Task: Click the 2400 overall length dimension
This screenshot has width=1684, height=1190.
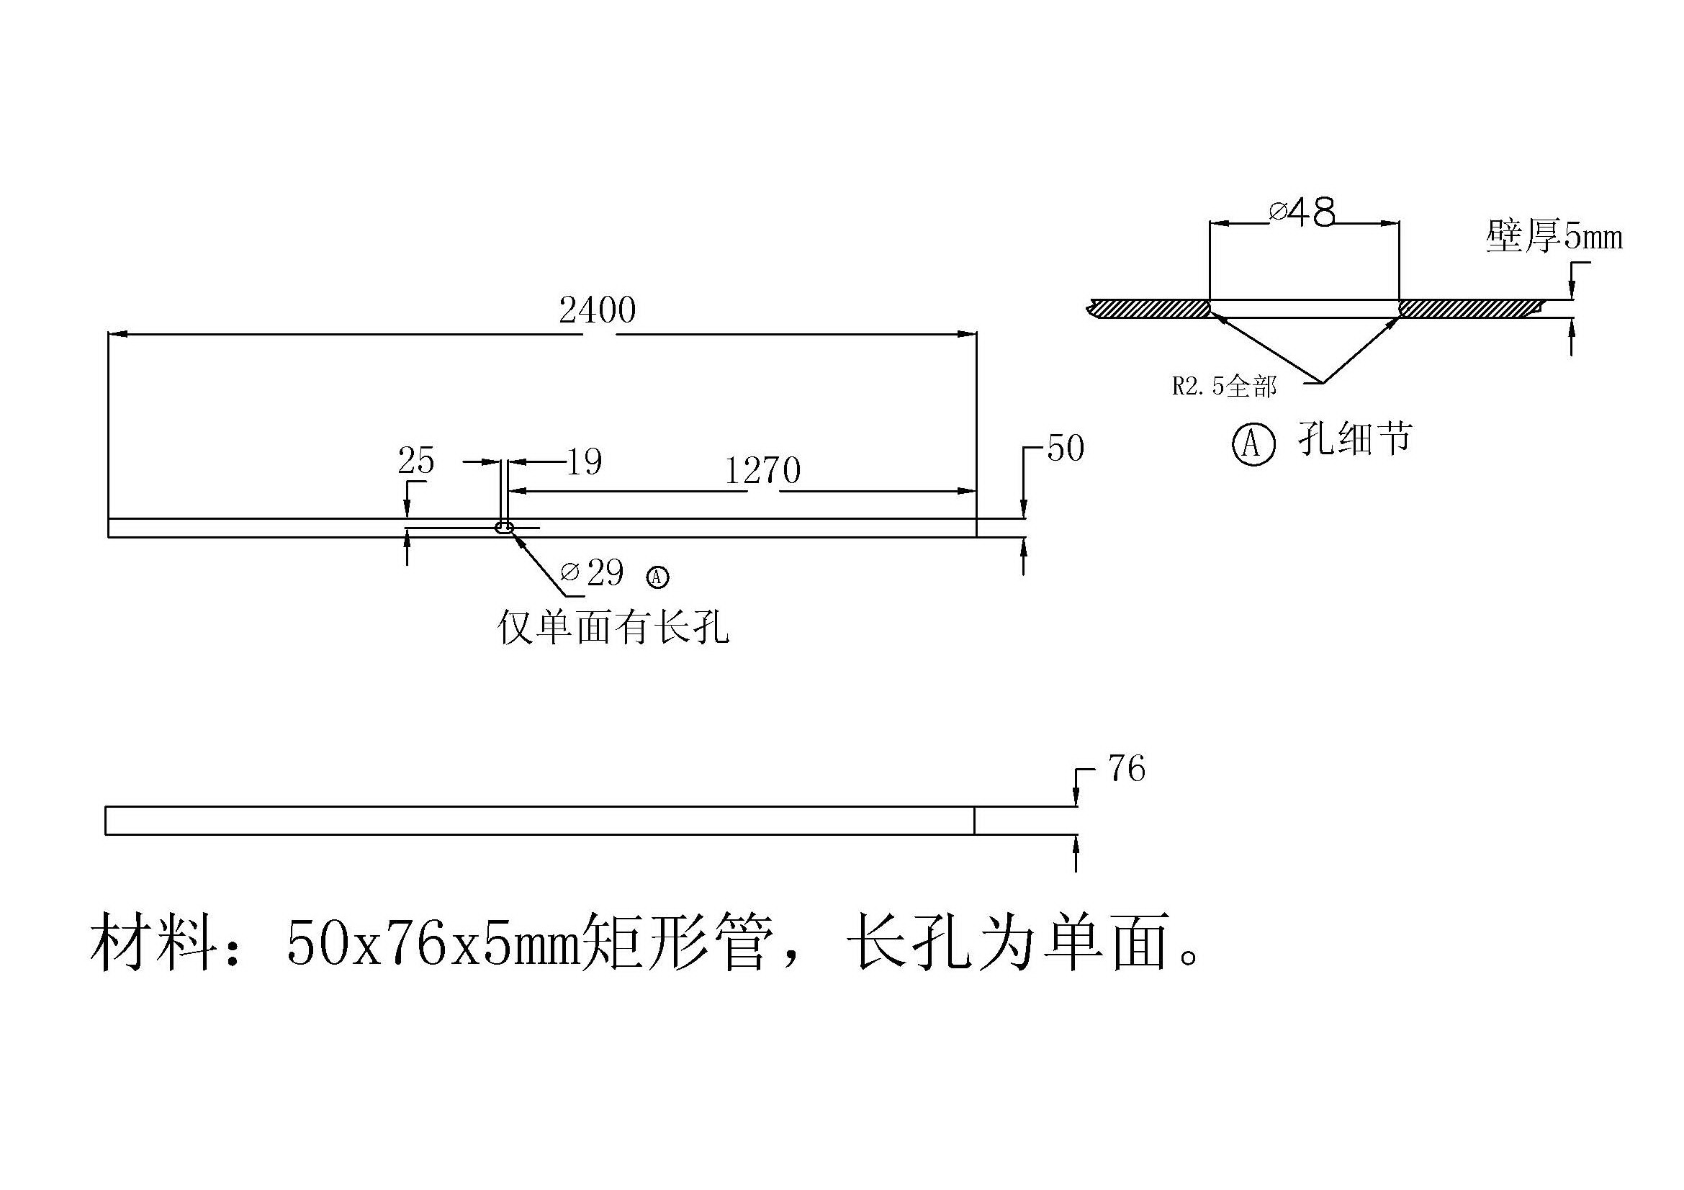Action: click(597, 311)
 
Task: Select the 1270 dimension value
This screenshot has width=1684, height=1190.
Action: click(762, 471)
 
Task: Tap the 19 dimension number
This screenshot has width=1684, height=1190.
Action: click(585, 462)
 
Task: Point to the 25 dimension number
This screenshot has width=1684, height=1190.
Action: click(416, 461)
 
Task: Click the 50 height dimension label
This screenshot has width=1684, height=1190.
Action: click(1065, 448)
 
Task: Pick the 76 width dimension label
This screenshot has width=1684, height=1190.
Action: click(1127, 769)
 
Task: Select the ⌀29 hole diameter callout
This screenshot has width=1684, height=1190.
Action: click(593, 572)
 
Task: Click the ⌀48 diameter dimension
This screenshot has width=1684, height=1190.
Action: click(1302, 212)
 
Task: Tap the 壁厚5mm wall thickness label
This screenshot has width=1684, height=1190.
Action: click(1554, 237)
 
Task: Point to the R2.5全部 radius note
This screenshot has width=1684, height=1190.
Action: click(1223, 387)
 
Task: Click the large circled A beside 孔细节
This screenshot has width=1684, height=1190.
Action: click(1253, 443)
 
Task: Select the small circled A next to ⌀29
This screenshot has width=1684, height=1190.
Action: click(657, 577)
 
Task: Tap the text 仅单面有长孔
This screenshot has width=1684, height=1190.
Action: click(613, 628)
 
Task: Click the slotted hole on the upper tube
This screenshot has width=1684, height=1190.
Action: click(505, 527)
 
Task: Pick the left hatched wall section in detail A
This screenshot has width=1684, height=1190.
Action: click(1150, 309)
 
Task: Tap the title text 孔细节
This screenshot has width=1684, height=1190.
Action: click(1354, 439)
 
